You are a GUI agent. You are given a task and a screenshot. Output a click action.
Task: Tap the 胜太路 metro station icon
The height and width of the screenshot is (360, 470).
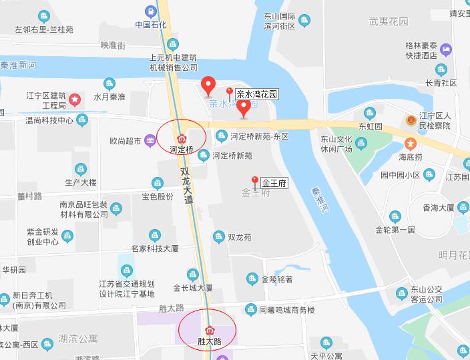pyautogui.click(x=210, y=330)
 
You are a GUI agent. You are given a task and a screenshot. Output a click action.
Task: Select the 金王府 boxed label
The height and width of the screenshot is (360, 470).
pyautogui.click(x=274, y=182)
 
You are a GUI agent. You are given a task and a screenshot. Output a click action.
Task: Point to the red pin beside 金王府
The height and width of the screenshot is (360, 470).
pyautogui.click(x=254, y=180)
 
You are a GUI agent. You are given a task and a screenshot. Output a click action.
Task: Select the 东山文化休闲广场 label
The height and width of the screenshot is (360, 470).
pyautogui.click(x=336, y=144)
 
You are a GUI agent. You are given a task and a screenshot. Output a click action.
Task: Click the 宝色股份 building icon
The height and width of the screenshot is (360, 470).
pyautogui.click(x=158, y=182)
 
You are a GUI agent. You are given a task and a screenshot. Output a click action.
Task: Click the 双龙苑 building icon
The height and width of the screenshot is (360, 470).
pyautogui.click(x=218, y=236)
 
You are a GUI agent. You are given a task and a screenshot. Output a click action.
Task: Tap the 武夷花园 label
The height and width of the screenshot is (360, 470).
pyautogui.click(x=388, y=21)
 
